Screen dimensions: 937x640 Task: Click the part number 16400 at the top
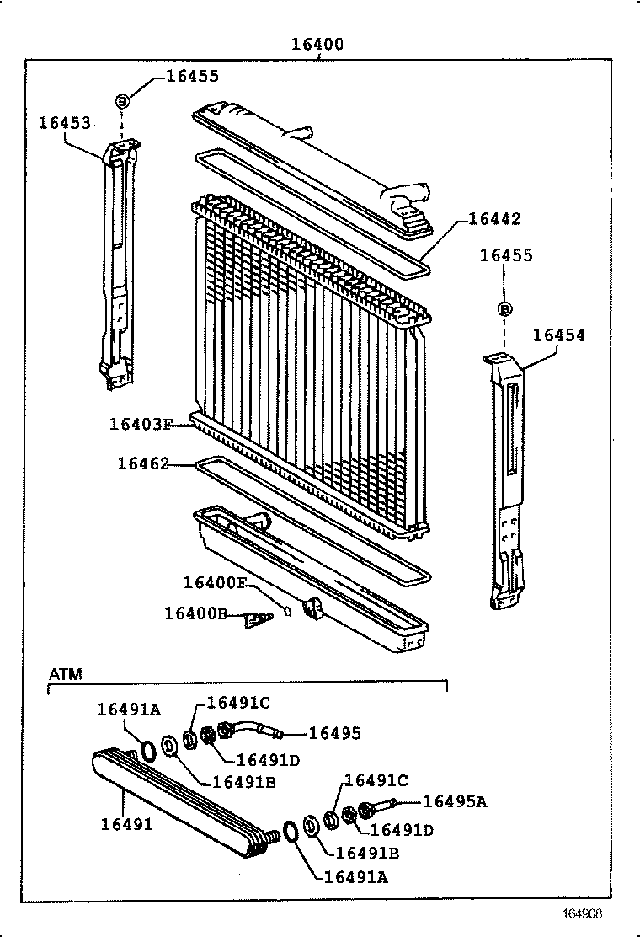click(x=317, y=45)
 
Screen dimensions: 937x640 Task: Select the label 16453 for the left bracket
click(x=64, y=123)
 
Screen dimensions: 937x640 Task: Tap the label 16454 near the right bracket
click(x=558, y=335)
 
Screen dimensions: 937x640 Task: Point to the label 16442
click(x=494, y=219)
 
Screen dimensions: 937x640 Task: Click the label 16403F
click(x=141, y=424)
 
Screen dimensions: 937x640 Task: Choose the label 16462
click(x=143, y=463)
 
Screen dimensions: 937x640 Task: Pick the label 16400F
click(x=216, y=582)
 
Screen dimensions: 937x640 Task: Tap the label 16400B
click(x=195, y=613)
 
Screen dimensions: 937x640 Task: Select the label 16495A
click(x=455, y=801)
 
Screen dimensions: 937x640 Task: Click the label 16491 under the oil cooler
click(x=127, y=824)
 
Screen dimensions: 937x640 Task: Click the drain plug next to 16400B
click(x=256, y=621)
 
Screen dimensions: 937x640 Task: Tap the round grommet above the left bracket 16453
click(x=122, y=101)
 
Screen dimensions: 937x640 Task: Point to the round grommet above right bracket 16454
click(x=505, y=309)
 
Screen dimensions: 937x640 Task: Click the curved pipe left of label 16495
click(x=252, y=728)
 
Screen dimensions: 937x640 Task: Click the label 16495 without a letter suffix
click(x=334, y=733)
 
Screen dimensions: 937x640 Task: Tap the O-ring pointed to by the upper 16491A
click(x=148, y=750)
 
